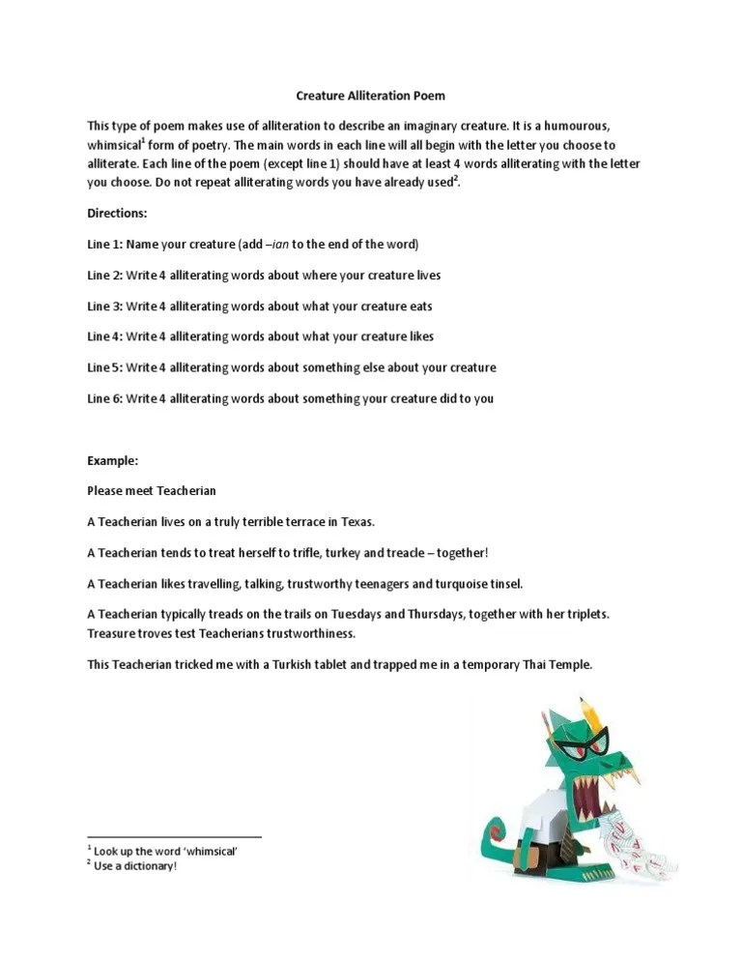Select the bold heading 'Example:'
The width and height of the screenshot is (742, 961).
(113, 460)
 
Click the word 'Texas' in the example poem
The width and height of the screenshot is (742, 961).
(355, 522)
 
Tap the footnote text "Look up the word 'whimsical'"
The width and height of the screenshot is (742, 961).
(165, 851)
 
